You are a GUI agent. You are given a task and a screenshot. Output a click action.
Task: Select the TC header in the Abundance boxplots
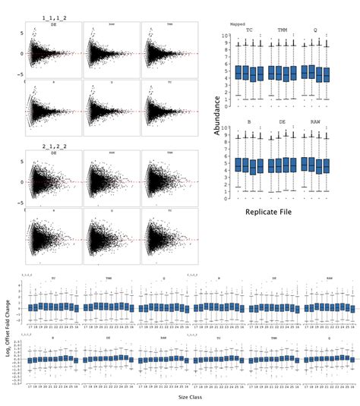pos(249,30)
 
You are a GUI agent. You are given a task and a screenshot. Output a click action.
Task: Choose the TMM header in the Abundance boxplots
pos(283,30)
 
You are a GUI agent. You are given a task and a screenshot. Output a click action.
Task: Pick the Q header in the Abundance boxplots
pos(316,30)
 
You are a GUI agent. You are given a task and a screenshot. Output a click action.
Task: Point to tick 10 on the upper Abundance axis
pos(225,35)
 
